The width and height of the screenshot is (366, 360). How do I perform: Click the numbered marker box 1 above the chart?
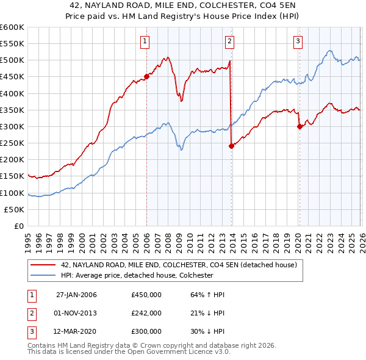click(x=145, y=41)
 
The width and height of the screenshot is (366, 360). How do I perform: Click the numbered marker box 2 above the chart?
click(x=229, y=41)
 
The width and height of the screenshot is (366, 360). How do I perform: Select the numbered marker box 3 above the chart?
click(x=298, y=41)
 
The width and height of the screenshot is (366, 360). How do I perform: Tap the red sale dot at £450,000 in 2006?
click(x=146, y=77)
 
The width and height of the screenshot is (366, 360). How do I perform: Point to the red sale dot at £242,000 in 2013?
click(x=231, y=146)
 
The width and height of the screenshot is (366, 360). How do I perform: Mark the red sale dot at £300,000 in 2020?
click(x=300, y=127)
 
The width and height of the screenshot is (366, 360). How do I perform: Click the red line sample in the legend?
click(x=43, y=265)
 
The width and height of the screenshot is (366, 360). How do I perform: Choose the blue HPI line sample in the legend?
click(x=43, y=275)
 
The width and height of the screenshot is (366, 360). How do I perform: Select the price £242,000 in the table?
click(x=146, y=313)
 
